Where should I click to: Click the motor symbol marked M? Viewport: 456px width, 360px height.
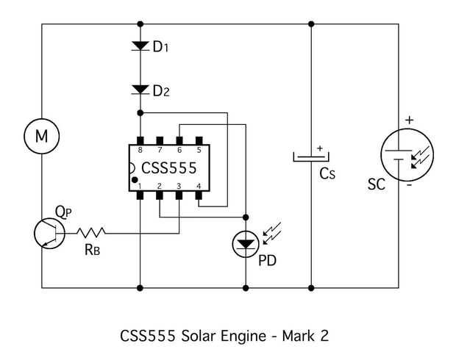[42, 136]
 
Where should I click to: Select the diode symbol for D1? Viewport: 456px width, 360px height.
[140, 46]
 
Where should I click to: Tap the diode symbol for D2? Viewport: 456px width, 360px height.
[140, 90]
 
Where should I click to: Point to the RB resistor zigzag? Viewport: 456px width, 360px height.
[90, 232]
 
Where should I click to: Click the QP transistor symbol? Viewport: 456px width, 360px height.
[49, 234]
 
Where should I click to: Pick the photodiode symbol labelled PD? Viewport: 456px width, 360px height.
[246, 244]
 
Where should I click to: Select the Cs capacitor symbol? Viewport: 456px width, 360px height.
[311, 157]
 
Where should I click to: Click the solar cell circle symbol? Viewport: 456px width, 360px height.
[407, 155]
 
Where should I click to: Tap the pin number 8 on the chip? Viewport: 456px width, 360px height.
[140, 150]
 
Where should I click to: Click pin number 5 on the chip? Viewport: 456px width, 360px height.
[199, 150]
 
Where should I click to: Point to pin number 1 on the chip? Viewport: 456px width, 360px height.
[140, 186]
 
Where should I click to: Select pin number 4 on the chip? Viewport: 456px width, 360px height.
[199, 186]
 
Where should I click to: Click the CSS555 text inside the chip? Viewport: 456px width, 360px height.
[169, 168]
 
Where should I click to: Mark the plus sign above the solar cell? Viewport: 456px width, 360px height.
[410, 120]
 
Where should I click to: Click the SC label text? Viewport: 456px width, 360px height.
[377, 184]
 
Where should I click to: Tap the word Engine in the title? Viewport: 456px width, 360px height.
[243, 336]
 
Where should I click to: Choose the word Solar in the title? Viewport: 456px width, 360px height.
[199, 336]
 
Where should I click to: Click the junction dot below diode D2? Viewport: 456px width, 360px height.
[140, 112]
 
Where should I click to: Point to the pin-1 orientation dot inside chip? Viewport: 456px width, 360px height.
[135, 180]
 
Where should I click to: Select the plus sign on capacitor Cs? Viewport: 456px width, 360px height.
[320, 148]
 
